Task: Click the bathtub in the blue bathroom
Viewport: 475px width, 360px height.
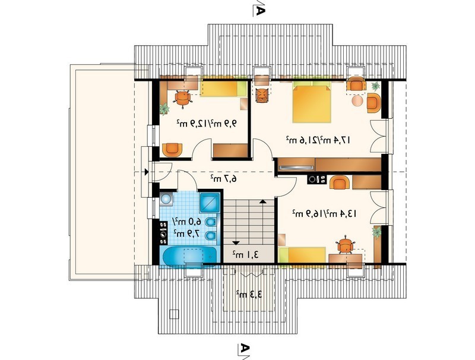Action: (x=190, y=257)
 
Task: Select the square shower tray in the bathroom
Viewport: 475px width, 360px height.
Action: (x=210, y=202)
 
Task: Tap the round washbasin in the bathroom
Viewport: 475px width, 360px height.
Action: (x=166, y=199)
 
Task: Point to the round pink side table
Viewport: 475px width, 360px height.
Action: (x=357, y=100)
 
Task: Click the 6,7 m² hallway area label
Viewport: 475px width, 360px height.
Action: (x=224, y=178)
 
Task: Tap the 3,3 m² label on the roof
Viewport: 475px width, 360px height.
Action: (x=249, y=294)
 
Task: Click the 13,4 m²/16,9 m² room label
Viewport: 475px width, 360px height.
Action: (x=324, y=214)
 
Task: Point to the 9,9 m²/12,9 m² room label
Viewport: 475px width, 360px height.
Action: (x=206, y=124)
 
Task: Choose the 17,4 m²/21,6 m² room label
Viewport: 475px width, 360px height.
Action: (x=318, y=140)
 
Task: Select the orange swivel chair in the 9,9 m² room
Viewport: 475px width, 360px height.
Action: (x=183, y=99)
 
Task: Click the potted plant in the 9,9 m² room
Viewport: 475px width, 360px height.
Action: (x=164, y=108)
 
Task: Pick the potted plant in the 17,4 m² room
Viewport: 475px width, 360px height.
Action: (x=375, y=86)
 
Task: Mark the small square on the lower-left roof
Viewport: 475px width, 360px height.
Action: (x=174, y=314)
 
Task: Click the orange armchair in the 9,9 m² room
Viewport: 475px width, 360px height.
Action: (x=172, y=150)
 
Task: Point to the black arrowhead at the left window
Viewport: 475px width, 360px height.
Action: (x=147, y=172)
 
